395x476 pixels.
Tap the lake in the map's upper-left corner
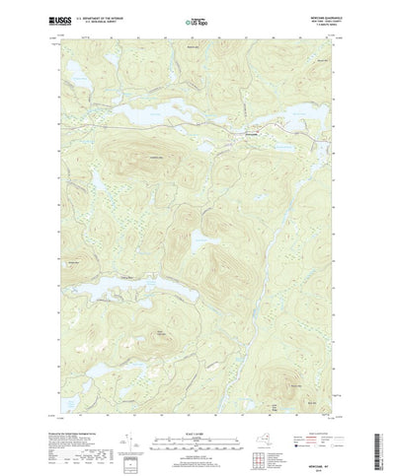[84, 73]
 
